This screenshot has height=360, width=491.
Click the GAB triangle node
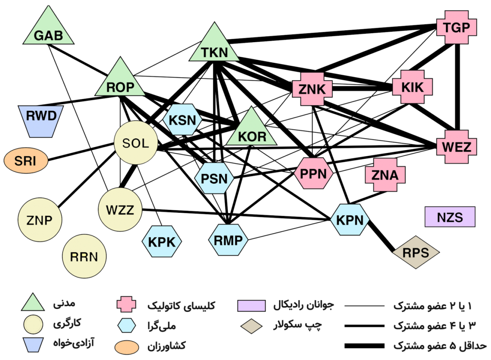48,33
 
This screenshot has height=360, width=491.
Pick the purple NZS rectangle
450,217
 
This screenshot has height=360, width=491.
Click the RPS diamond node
416,252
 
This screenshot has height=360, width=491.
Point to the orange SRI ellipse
25,161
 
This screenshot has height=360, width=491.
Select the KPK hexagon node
162,242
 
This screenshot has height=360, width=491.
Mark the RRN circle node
84,257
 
